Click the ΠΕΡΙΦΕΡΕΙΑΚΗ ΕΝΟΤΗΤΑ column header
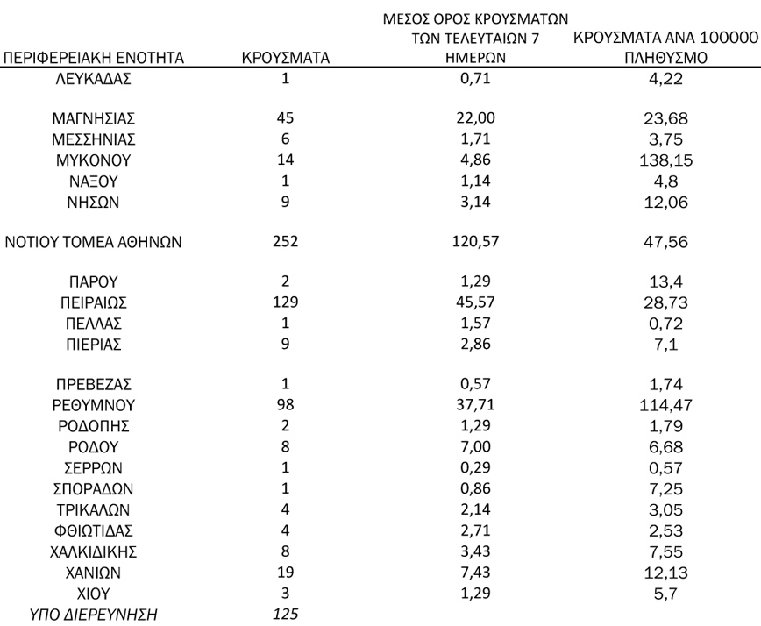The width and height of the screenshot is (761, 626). click(94, 59)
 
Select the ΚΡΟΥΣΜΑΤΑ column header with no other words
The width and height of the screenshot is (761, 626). click(285, 59)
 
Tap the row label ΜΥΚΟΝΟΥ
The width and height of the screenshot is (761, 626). click(94, 160)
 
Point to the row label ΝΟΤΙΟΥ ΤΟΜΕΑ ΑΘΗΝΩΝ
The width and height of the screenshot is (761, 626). click(94, 242)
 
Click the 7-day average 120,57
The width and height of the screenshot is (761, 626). click(477, 242)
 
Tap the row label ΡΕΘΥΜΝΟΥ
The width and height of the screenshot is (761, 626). click(94, 406)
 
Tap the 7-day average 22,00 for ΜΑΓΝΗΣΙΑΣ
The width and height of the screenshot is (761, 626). click(477, 118)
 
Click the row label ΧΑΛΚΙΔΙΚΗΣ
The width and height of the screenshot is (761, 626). click(94, 551)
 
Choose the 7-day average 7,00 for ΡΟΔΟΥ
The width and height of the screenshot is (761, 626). click(477, 447)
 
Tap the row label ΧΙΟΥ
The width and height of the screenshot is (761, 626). click(94, 593)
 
